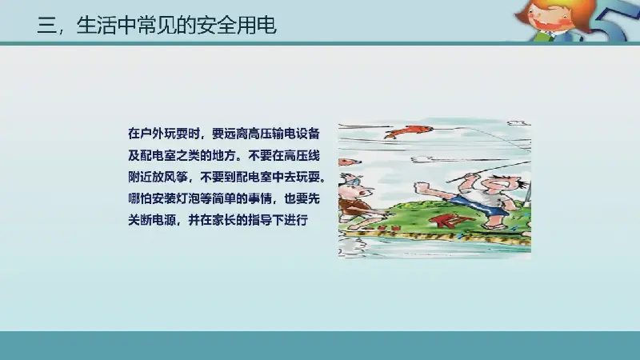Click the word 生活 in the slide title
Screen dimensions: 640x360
point(96,26)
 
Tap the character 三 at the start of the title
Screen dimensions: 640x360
point(46,26)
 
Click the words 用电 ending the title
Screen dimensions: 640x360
point(256,26)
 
